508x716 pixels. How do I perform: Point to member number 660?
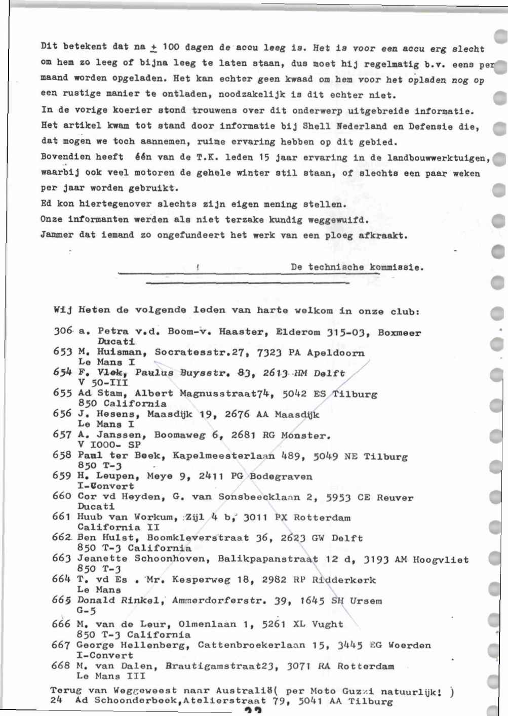(62, 496)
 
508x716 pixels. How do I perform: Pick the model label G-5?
(86, 611)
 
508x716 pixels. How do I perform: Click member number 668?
(61, 666)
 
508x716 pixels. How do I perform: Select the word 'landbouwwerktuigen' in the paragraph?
(437, 158)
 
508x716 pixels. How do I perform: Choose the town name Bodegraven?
(281, 476)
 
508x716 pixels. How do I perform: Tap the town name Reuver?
(395, 498)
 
